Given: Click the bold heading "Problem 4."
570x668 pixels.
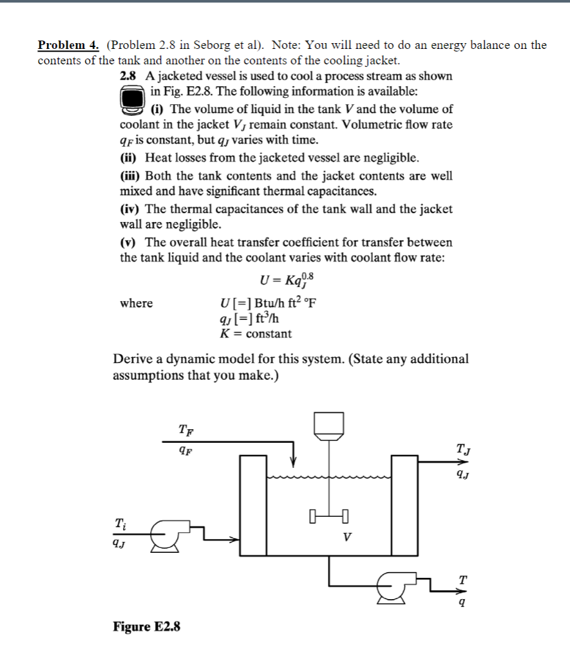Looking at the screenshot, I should pyautogui.click(x=68, y=45).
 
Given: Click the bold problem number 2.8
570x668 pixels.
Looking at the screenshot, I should pyautogui.click(x=129, y=76).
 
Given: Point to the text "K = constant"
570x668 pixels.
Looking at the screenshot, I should pyautogui.click(x=256, y=334).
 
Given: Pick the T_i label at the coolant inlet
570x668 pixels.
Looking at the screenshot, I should pyautogui.click(x=120, y=524).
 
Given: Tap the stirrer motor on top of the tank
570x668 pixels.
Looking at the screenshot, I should pyautogui.click(x=329, y=423).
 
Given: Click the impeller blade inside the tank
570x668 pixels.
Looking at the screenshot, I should pyautogui.click(x=329, y=515).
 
